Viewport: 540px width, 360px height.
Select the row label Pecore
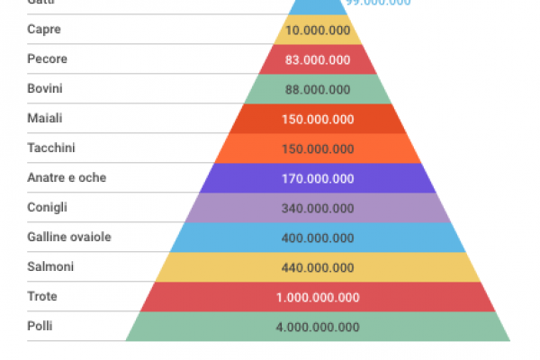click(47, 59)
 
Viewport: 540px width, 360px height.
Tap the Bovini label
click(46, 89)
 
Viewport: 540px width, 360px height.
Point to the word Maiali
click(46, 119)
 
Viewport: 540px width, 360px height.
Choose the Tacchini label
click(51, 148)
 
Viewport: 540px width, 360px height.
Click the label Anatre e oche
click(67, 178)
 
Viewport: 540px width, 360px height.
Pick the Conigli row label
click(48, 207)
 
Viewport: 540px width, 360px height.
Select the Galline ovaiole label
click(69, 237)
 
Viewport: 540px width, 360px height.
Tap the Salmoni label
click(50, 266)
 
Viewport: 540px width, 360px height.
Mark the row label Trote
click(43, 296)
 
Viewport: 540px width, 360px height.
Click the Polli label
click(40, 326)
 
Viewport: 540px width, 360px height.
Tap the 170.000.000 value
click(318, 178)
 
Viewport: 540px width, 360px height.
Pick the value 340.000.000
click(318, 208)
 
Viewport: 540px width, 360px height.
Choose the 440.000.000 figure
click(318, 267)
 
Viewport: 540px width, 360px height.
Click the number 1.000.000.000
click(318, 297)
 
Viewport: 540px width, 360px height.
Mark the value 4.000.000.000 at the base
click(318, 327)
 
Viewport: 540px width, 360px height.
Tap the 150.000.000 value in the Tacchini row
click(318, 148)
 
